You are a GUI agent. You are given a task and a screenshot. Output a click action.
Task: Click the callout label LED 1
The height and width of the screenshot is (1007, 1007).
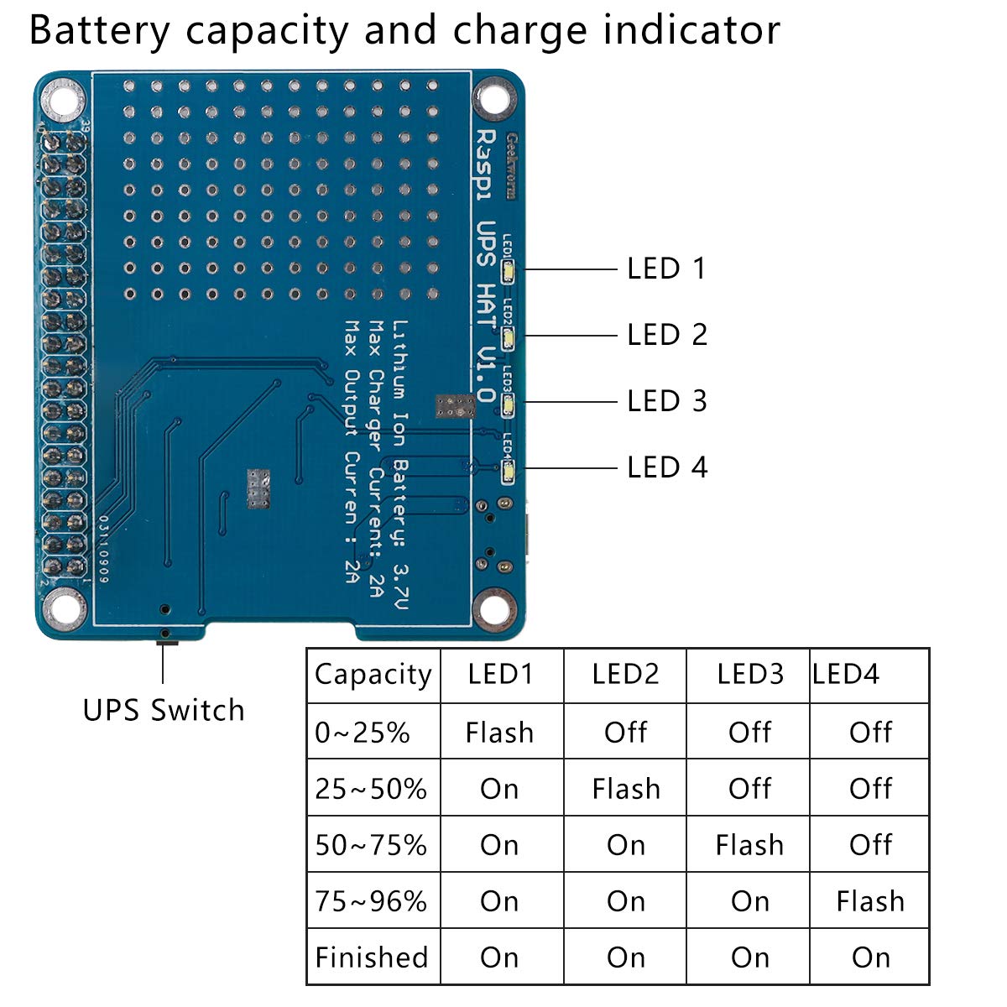(666, 269)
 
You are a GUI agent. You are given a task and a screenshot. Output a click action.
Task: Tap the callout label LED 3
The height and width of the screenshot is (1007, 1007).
(666, 401)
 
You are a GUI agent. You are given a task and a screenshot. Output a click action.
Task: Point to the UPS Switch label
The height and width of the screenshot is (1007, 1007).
(164, 711)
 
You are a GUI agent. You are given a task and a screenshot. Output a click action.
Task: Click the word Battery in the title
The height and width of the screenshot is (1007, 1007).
(99, 30)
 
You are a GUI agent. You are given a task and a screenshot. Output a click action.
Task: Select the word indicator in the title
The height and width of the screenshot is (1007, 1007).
(691, 30)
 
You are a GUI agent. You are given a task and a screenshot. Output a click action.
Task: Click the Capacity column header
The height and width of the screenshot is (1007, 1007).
(373, 675)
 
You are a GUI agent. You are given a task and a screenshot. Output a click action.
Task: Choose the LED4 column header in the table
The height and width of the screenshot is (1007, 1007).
(846, 674)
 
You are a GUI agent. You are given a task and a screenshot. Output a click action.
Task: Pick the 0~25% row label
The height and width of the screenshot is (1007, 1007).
(363, 733)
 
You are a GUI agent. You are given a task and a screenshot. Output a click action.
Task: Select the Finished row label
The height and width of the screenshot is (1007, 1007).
(372, 957)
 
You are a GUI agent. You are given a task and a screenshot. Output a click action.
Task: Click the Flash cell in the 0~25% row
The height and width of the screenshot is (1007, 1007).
(499, 733)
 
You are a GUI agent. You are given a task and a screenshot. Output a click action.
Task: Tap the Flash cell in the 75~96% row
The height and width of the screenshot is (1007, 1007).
(870, 901)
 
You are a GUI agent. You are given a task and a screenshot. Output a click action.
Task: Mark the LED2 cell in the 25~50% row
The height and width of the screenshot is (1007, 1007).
(626, 789)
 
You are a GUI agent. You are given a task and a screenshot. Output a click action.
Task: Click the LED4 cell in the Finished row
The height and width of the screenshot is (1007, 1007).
(870, 957)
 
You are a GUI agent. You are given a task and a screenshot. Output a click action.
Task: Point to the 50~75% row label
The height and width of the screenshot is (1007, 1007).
(371, 845)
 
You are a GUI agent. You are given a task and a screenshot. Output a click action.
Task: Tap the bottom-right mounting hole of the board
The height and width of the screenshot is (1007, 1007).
(493, 606)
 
